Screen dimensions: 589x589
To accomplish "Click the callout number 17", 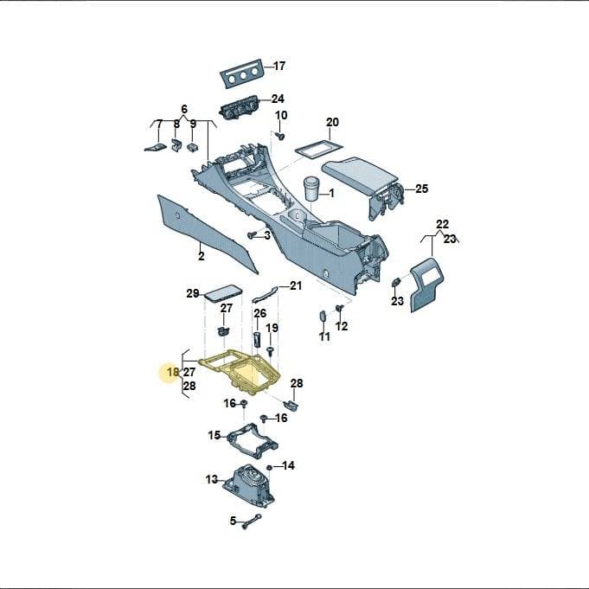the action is (x=279, y=66).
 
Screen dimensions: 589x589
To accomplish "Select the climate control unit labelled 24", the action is (x=240, y=108).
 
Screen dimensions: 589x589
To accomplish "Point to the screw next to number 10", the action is (x=279, y=136).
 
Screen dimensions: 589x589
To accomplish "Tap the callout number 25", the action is (x=422, y=189).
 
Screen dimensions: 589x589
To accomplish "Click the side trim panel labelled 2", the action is (x=208, y=234).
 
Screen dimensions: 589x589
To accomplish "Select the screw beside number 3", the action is (x=253, y=235).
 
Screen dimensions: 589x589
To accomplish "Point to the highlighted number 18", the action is (x=173, y=372).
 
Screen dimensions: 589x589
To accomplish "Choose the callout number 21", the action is (x=296, y=286).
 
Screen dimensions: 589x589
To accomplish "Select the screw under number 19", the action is (x=270, y=351).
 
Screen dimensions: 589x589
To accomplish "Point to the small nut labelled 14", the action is (x=269, y=467).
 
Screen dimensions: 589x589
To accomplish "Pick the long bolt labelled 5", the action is (x=252, y=522).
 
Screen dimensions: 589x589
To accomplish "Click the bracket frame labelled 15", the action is (x=253, y=441).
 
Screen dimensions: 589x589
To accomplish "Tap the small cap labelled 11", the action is (x=323, y=316).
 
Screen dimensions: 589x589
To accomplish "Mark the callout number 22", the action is (x=443, y=224).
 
